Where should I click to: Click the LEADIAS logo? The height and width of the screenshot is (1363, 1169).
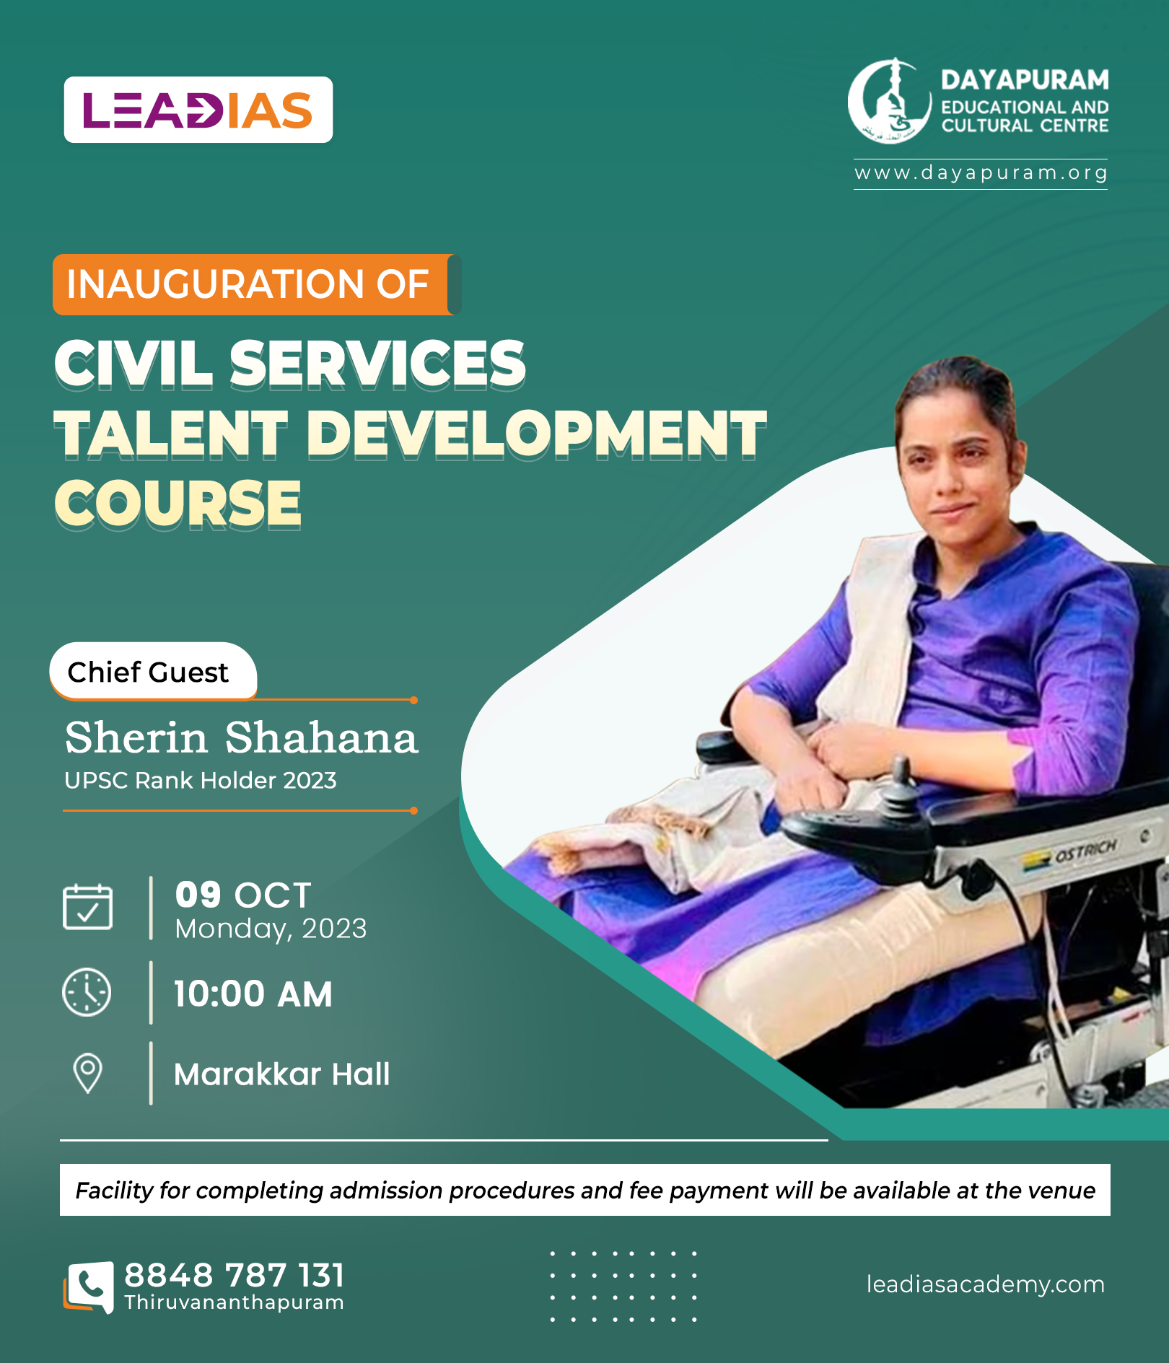[x=198, y=110]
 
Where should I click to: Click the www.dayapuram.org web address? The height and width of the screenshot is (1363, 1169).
[x=981, y=173]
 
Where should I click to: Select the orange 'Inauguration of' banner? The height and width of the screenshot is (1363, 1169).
[x=256, y=284]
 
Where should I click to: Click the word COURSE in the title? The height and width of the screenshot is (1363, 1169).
[x=178, y=504]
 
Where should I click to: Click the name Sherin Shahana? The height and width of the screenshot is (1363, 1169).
[x=241, y=737]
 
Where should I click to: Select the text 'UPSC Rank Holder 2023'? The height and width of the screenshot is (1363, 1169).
[x=201, y=780]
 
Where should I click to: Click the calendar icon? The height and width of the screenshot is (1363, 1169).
[x=87, y=907]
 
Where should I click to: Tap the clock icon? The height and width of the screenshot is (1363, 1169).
[x=87, y=992]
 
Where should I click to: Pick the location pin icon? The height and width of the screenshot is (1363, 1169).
[x=88, y=1074]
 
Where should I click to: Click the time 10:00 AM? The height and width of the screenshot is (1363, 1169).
[x=253, y=994]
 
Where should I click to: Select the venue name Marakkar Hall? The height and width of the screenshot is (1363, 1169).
[x=282, y=1074]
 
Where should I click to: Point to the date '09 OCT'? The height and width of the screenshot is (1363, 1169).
[x=243, y=895]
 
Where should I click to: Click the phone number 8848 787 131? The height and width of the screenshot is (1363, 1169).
[x=235, y=1275]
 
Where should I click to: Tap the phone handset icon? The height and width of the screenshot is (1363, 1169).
[x=89, y=1287]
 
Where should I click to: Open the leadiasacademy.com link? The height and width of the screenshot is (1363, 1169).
[x=986, y=1284]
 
